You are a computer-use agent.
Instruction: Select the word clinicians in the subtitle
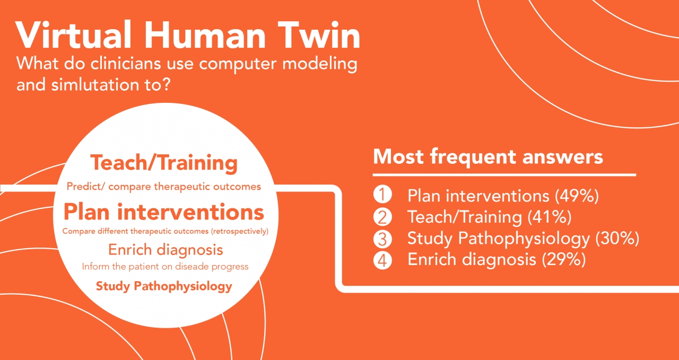126,64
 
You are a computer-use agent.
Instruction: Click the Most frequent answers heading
488,157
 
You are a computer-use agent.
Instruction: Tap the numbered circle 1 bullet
382,194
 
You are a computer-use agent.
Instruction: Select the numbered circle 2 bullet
382,217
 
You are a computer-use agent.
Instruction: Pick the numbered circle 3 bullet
382,239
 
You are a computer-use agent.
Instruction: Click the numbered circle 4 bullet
382,260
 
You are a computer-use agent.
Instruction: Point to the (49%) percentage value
577,196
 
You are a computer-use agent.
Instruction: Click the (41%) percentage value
550,217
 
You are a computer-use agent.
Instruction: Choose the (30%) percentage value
617,239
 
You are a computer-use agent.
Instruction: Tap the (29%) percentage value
564,260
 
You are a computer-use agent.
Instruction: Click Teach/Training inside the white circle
164,163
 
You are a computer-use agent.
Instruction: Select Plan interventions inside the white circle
164,212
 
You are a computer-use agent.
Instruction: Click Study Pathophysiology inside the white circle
164,286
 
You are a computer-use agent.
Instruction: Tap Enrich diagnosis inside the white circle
166,250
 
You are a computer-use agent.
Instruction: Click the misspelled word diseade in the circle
192,266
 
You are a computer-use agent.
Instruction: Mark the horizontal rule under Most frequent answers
504,175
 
